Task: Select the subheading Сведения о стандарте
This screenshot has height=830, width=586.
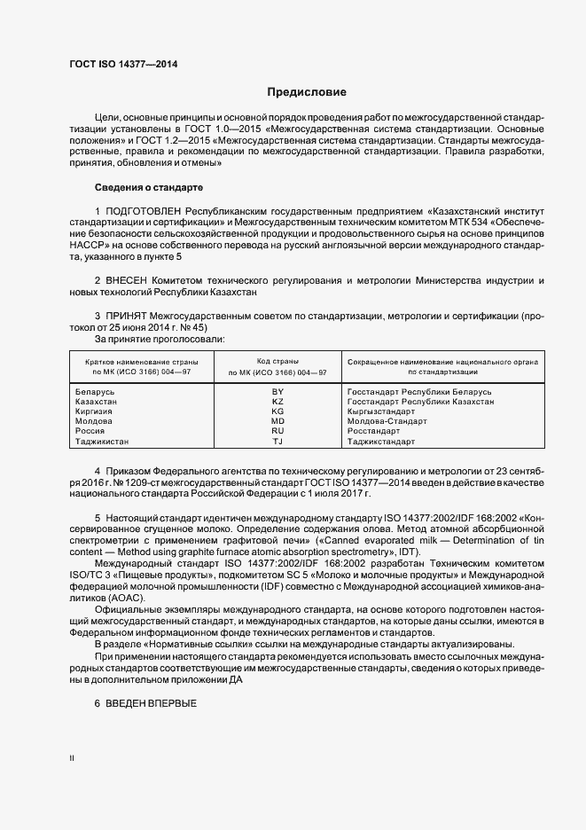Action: [149, 188]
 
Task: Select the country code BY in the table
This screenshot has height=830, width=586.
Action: [277, 391]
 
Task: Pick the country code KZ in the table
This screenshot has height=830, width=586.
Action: [277, 401]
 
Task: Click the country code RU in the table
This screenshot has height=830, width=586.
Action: [277, 431]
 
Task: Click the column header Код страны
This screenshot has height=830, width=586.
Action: [277, 362]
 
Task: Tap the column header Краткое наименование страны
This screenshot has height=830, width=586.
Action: [142, 363]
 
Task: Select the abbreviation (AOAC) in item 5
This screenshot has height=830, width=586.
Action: [126, 599]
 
